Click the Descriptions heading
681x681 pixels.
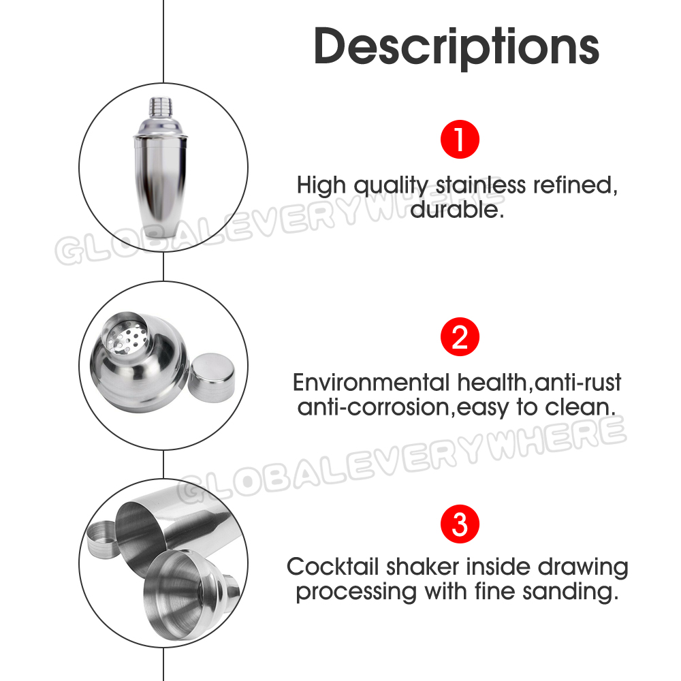(x=456, y=47)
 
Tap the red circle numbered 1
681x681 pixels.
(x=460, y=140)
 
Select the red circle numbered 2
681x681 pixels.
(x=460, y=336)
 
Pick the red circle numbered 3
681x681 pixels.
(x=460, y=524)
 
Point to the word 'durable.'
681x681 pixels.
(x=457, y=210)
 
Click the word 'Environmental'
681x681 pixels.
(x=371, y=383)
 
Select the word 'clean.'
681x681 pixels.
(x=580, y=407)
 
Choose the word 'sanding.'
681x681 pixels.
(x=571, y=592)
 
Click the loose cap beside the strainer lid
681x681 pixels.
(x=212, y=377)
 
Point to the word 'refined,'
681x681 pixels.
(x=575, y=185)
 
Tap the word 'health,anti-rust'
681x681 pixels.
(x=539, y=383)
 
